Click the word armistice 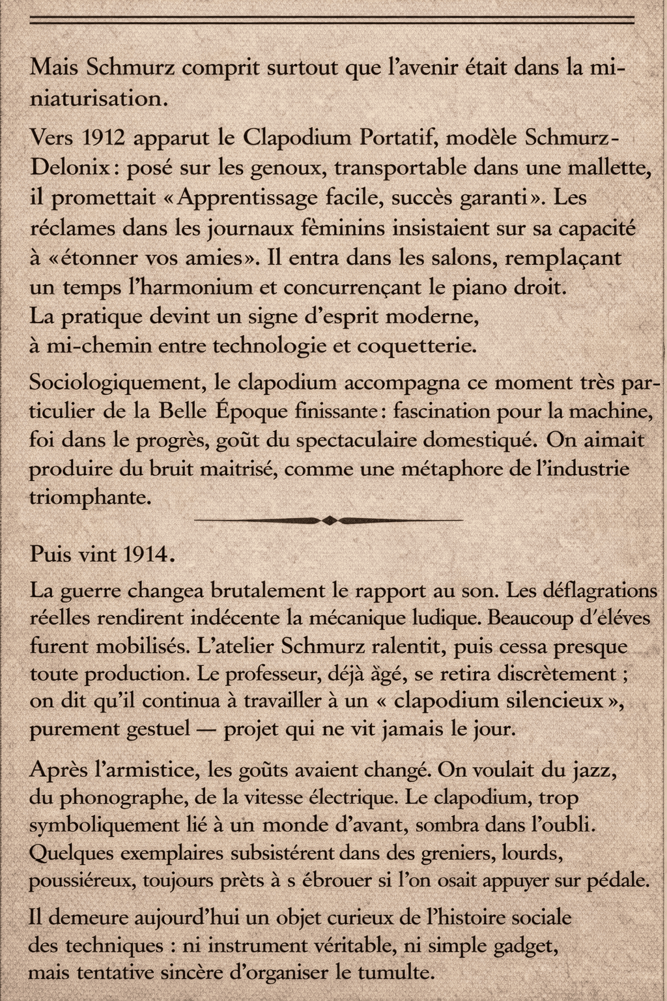pos(146,770)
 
